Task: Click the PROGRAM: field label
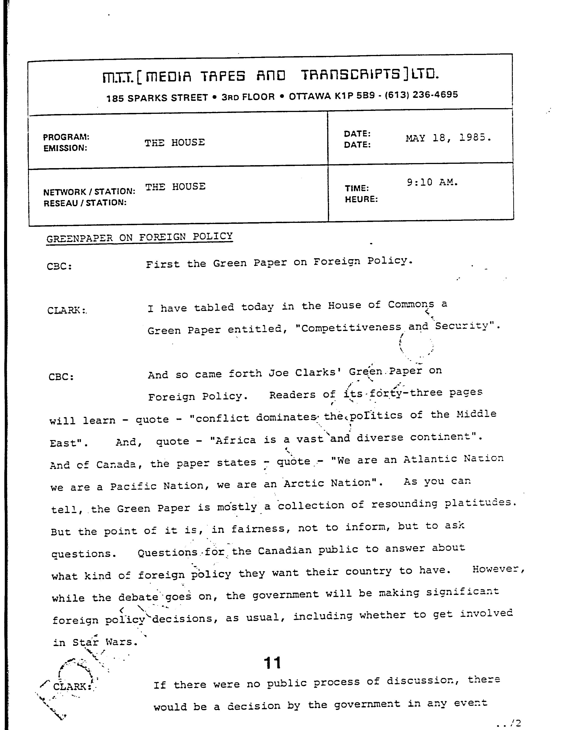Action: pos(66,137)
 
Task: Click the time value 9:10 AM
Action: pos(432,182)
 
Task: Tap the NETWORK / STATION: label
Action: pos(89,192)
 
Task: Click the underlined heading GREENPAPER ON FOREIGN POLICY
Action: pos(139,238)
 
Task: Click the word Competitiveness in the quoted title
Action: pos(351,328)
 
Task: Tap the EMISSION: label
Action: pos(65,148)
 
